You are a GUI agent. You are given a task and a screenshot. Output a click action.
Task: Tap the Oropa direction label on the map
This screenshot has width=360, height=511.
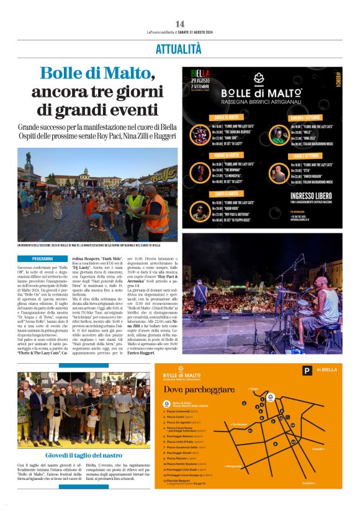pyautogui.click(x=254, y=389)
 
